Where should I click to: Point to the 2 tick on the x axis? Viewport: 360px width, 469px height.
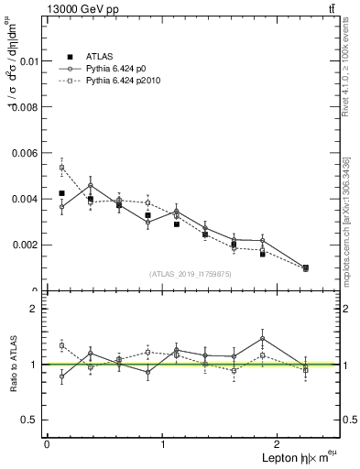[279, 443]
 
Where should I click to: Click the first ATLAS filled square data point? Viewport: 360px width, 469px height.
[61, 193]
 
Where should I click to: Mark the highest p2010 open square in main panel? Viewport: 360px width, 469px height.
[61, 168]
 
